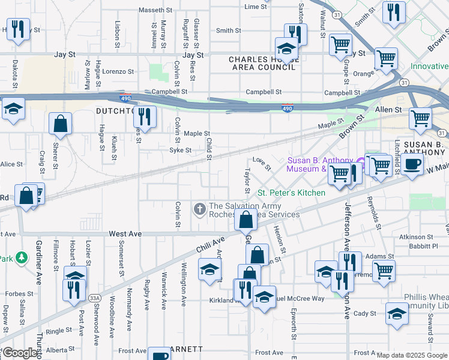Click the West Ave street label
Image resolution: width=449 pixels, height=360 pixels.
pyautogui.click(x=125, y=233)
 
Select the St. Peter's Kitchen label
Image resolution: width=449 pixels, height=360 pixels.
pyautogui.click(x=291, y=193)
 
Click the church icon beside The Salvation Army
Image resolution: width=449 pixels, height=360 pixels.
pyautogui.click(x=199, y=209)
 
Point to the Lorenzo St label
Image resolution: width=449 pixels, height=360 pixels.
pyautogui.click(x=118, y=71)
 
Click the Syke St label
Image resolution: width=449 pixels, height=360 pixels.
pyautogui.click(x=180, y=150)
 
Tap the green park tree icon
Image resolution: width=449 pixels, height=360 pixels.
pyautogui.click(x=22, y=258)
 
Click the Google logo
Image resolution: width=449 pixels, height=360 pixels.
pyautogui.click(x=19, y=353)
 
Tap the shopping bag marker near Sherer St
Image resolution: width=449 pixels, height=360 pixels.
pyautogui.click(x=61, y=124)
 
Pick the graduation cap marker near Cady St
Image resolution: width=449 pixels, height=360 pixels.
pyautogui.click(x=396, y=314)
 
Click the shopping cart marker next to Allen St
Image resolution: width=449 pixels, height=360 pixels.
pyautogui.click(x=420, y=117)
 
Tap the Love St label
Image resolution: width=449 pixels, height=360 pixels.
pyautogui.click(x=259, y=160)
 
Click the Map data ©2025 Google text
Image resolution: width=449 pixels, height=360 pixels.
pyautogui.click(x=411, y=355)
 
